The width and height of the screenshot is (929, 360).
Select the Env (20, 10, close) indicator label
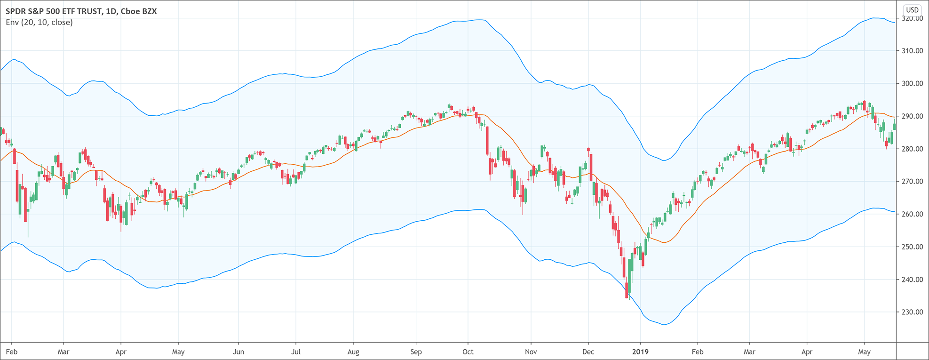[x=39, y=22]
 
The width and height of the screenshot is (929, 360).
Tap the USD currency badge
[x=912, y=10]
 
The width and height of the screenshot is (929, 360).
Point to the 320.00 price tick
[x=912, y=18]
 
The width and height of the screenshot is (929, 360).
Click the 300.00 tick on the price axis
[x=912, y=83]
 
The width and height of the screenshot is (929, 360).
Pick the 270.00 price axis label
[x=912, y=181]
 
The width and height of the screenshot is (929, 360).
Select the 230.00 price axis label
[x=912, y=312]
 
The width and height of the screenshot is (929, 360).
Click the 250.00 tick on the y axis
[x=912, y=247]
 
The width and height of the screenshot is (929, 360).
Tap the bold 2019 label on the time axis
[x=640, y=352]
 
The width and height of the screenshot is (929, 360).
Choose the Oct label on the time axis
[x=468, y=352]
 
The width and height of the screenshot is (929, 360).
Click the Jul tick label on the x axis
[x=296, y=352]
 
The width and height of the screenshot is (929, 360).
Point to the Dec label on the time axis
[x=588, y=352]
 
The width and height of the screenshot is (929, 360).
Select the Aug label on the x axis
[x=353, y=352]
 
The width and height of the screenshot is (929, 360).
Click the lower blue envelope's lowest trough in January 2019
[x=664, y=324]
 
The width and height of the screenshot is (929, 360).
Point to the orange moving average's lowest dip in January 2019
[x=664, y=242]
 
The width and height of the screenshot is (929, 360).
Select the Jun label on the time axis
[x=238, y=352]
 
